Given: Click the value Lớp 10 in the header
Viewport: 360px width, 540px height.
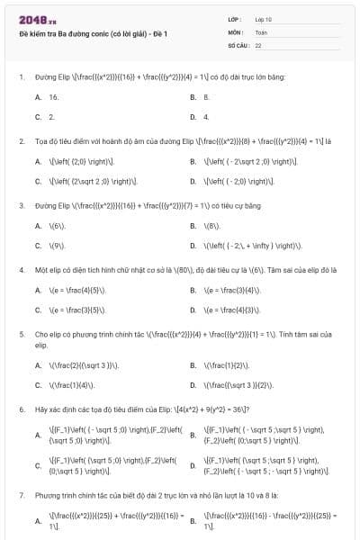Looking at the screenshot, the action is coord(264,19).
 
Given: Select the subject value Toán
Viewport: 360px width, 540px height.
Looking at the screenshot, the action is coord(260,31).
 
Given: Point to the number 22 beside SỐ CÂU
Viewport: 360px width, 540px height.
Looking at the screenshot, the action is coord(258,44).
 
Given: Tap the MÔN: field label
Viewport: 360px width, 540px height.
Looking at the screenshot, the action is coord(237,31).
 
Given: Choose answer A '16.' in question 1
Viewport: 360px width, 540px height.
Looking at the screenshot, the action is coord(53,96).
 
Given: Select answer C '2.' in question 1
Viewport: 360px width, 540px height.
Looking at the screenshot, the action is coord(51,117).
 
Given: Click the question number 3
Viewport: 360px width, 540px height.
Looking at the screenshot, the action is coord(21,205).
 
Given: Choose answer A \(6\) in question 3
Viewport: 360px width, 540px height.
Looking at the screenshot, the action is coord(57,225).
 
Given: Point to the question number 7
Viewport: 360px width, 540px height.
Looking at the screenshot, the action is coord(21,495).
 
